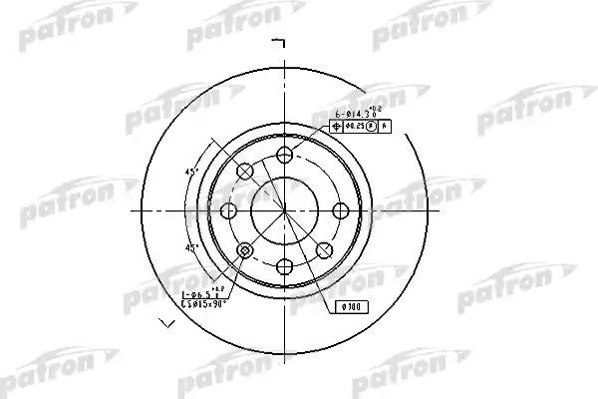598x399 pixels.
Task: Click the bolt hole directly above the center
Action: point(285,154)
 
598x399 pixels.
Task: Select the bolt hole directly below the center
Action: point(285,265)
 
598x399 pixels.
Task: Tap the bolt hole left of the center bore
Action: point(229,210)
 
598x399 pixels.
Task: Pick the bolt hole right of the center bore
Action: point(340,209)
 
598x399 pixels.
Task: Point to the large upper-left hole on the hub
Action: point(245,172)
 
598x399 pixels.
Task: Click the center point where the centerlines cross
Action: point(285,209)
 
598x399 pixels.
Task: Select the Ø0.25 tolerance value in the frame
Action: point(354,127)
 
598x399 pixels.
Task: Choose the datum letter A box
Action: point(384,127)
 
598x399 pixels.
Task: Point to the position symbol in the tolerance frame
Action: point(336,127)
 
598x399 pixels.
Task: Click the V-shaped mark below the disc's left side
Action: point(166,322)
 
